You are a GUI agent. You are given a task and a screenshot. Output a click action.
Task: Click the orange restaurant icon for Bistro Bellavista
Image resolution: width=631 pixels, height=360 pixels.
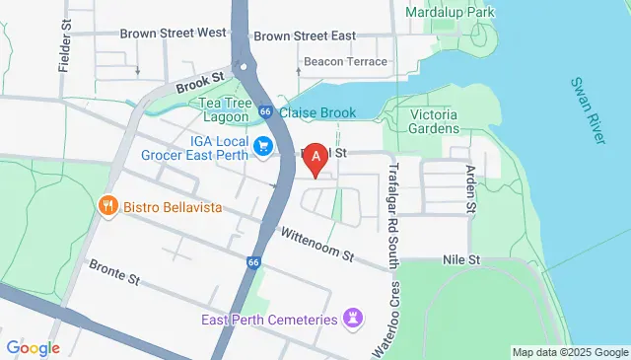coord(108,207)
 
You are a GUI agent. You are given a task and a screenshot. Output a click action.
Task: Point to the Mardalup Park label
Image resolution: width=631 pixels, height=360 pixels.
coord(454,13)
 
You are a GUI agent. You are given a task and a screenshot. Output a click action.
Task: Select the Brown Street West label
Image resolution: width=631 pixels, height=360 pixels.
coord(173,33)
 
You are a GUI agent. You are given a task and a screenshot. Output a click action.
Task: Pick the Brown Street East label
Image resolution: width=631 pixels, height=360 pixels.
coord(304,36)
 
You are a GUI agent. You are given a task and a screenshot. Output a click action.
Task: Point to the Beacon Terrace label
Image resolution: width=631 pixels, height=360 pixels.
coord(345,61)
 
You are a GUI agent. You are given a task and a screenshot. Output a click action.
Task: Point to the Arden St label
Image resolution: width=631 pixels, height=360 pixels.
coord(470,189)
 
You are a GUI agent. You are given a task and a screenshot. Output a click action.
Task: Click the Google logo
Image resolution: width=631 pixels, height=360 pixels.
coord(33,347)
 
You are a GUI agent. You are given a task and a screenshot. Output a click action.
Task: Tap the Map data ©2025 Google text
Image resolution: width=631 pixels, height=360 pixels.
coord(570,352)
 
